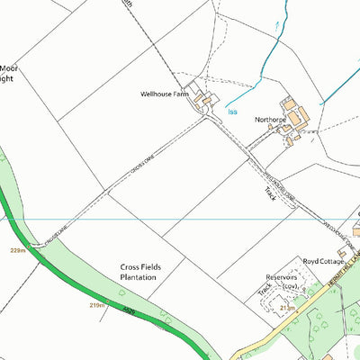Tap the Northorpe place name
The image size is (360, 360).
point(269,119)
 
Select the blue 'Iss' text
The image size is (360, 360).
point(232,112)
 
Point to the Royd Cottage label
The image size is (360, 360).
point(323,260)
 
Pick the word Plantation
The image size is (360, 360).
point(139,278)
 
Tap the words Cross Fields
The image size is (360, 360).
point(139,267)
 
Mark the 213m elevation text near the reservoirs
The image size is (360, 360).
point(287,307)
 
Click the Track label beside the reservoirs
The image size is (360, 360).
point(264,290)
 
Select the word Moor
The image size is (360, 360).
point(8,67)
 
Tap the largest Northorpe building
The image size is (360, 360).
point(300,114)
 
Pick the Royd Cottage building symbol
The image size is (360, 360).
point(355,231)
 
